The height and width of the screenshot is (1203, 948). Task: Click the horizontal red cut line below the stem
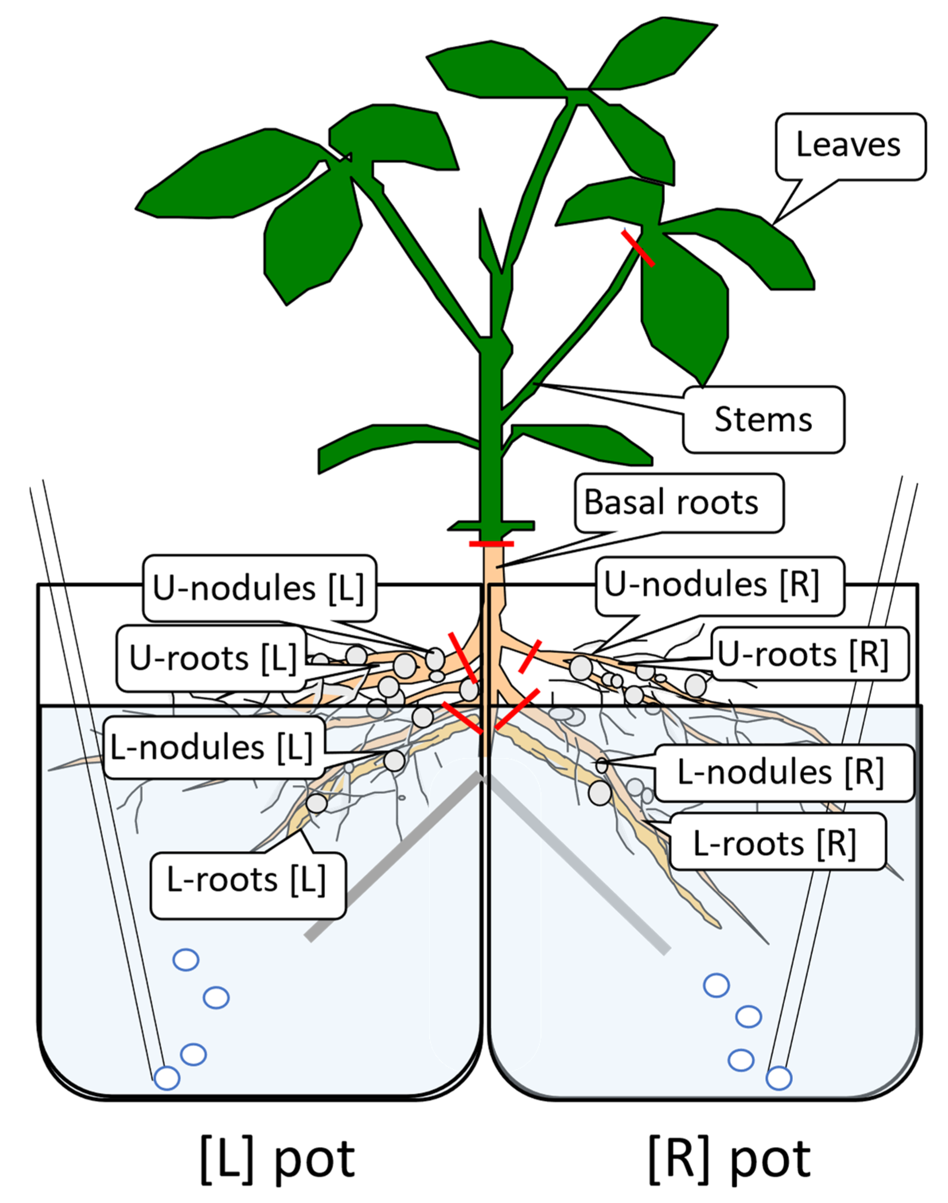click(x=491, y=544)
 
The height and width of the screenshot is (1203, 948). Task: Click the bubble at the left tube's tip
click(x=167, y=1078)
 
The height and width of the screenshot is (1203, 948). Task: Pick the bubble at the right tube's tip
click(x=779, y=1078)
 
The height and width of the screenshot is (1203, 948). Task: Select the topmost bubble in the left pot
click(x=186, y=960)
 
